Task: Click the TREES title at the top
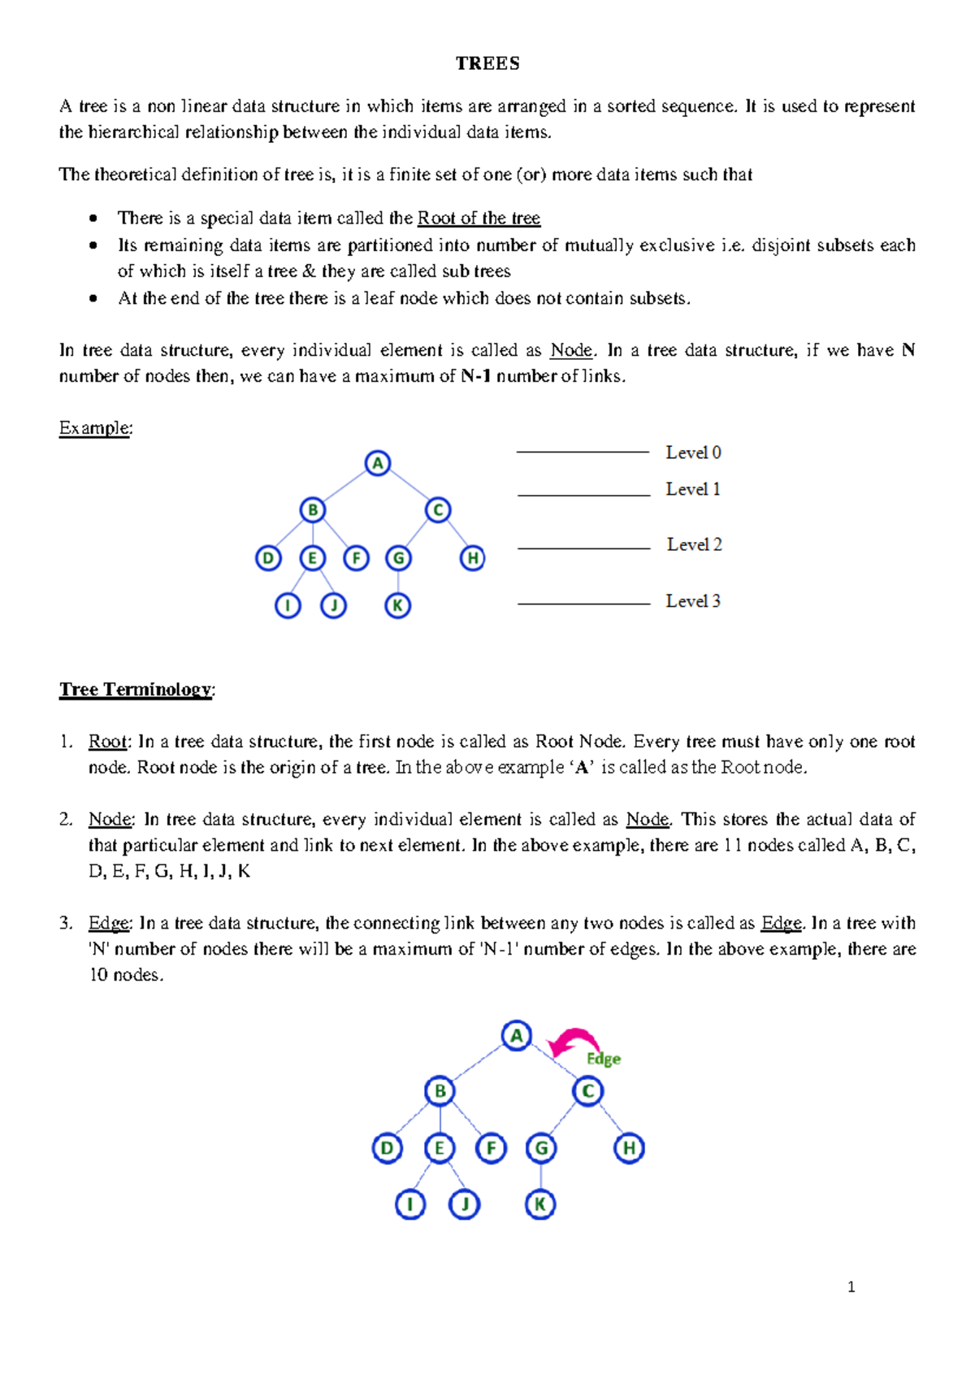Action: point(487,63)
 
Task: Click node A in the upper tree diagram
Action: point(377,463)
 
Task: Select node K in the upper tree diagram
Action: point(397,605)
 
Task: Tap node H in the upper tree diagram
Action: point(472,558)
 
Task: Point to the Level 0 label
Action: point(693,453)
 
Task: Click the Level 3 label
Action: point(693,601)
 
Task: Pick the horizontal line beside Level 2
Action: point(583,548)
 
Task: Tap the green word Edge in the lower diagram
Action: point(604,1059)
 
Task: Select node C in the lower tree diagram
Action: point(587,1090)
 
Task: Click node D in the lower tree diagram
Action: point(387,1148)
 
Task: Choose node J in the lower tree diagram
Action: point(464,1204)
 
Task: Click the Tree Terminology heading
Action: point(135,689)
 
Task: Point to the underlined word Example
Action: point(94,428)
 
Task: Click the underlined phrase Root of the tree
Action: point(479,218)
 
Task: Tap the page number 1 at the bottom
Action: point(851,1287)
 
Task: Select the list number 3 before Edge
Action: point(65,923)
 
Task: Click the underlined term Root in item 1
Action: point(107,741)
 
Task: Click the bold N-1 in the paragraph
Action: point(475,376)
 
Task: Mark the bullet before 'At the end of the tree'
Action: point(94,298)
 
